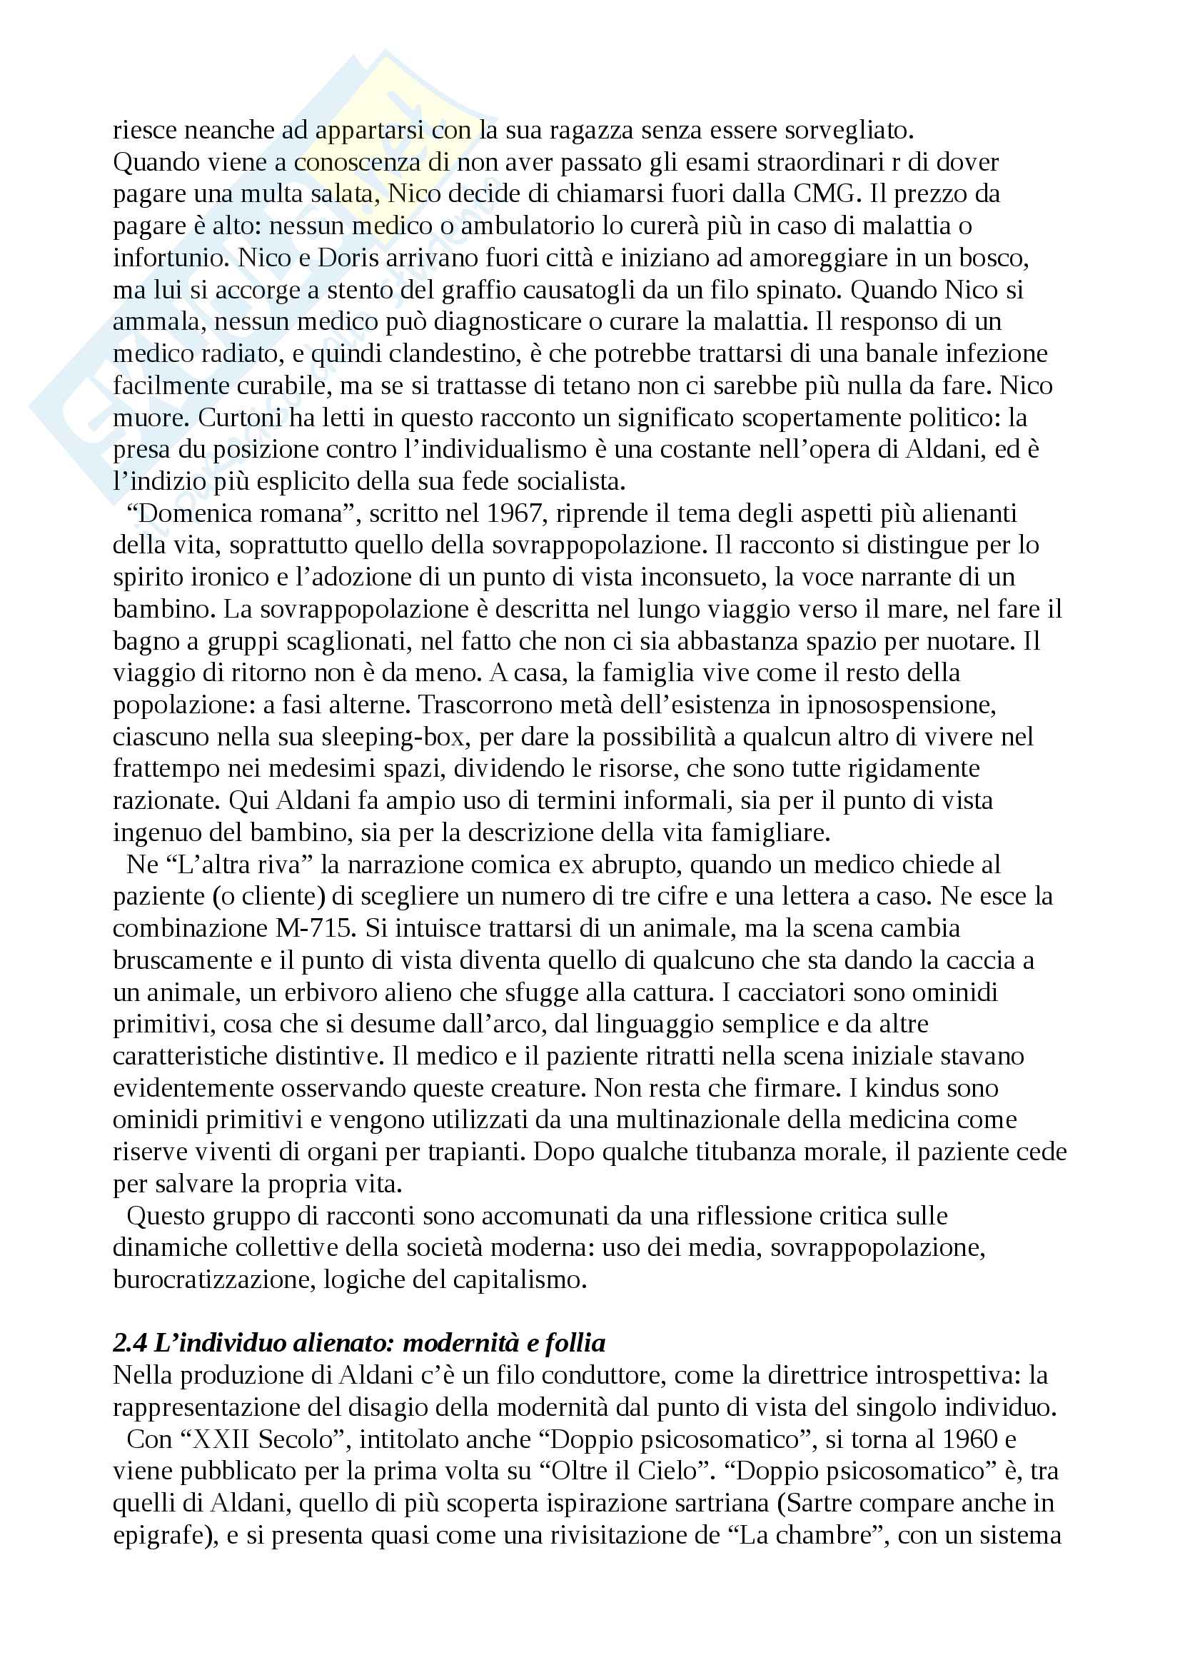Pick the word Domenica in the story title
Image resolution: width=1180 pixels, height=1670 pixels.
coord(190,513)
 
